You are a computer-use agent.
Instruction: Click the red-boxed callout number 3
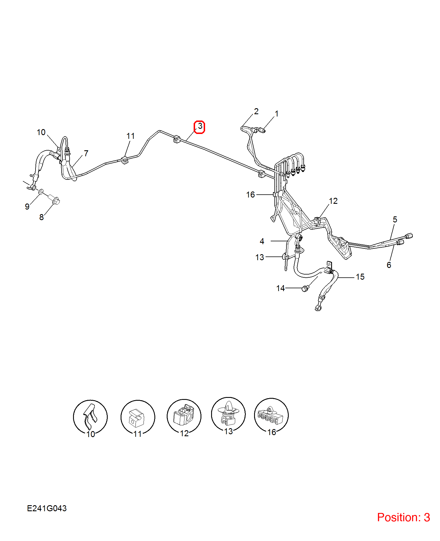click(200, 126)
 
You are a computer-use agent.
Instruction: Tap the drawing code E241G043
click(47, 508)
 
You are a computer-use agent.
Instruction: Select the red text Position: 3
click(403, 518)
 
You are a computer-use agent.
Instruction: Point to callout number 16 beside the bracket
click(250, 195)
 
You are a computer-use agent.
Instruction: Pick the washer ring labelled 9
click(41, 191)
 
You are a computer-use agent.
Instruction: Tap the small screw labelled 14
click(305, 288)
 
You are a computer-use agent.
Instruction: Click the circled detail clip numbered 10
click(90, 417)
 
